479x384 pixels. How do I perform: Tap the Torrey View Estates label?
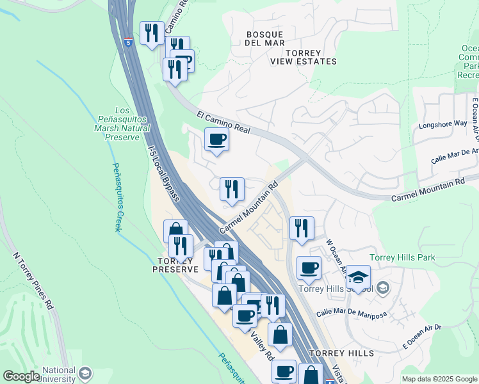303,56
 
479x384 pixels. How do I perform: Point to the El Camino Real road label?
223,122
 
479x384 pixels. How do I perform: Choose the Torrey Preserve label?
175,265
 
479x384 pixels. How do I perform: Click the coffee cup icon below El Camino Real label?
216,140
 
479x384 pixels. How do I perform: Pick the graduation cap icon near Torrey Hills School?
359,276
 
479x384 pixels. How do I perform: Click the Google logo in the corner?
21,376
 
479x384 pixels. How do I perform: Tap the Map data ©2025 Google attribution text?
439,378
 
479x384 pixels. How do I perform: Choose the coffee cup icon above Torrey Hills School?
309,268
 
